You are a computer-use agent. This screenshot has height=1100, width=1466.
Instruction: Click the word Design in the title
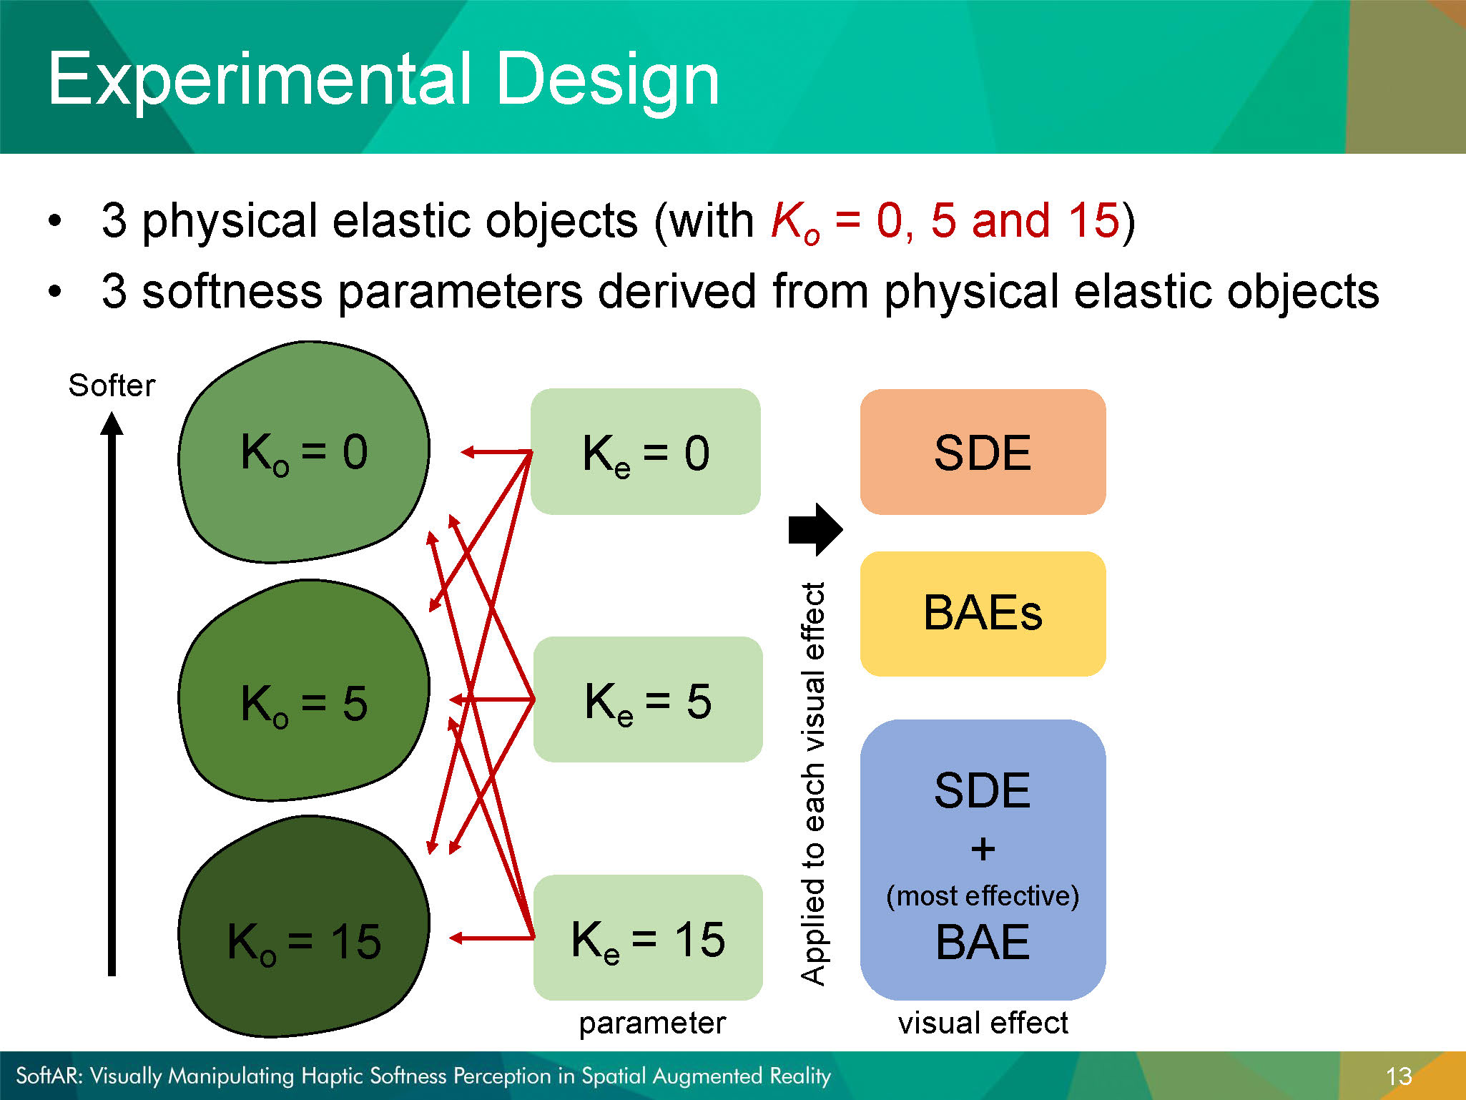pyautogui.click(x=607, y=80)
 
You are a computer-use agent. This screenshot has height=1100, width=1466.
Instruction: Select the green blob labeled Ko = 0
pyautogui.click(x=304, y=452)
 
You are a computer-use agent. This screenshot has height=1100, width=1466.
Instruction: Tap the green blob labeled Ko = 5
pyautogui.click(x=304, y=691)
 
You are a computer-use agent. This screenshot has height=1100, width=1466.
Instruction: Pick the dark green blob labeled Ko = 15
pyautogui.click(x=304, y=927)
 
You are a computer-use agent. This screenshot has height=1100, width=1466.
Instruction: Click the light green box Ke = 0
pyautogui.click(x=646, y=452)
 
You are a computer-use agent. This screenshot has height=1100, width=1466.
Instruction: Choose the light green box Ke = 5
pyautogui.click(x=648, y=699)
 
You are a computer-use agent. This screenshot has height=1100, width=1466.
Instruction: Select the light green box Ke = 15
pyautogui.click(x=648, y=938)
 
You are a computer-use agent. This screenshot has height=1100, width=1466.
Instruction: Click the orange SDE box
pyautogui.click(x=983, y=452)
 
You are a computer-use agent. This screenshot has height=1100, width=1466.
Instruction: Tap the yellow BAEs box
pyautogui.click(x=983, y=614)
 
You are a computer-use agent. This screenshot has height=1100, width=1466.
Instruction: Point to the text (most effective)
pyautogui.click(x=983, y=895)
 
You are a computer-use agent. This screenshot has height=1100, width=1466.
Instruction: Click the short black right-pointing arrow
pyautogui.click(x=815, y=530)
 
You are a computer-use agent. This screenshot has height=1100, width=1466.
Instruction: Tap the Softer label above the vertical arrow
pyautogui.click(x=112, y=386)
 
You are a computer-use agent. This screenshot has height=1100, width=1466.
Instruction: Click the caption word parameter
pyautogui.click(x=652, y=1023)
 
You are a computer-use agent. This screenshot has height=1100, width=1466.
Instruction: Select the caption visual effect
pyautogui.click(x=983, y=1023)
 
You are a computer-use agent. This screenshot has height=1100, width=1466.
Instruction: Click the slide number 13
pyautogui.click(x=1399, y=1076)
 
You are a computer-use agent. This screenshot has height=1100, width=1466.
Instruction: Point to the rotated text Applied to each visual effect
pyautogui.click(x=814, y=784)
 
